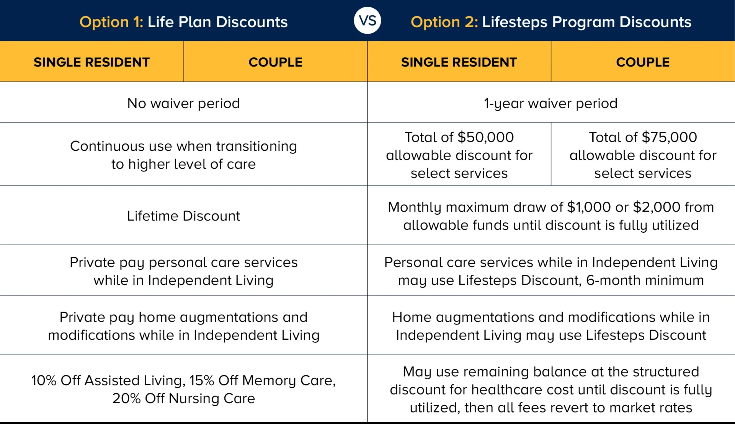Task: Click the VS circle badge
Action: (x=367, y=21)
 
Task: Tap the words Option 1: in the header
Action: (x=111, y=22)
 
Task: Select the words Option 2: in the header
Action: (x=444, y=22)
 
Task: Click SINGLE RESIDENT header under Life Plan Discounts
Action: (x=91, y=62)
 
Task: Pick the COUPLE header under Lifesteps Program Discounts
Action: (x=643, y=62)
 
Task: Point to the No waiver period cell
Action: (x=183, y=103)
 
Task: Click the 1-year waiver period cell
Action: (x=550, y=103)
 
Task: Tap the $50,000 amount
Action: (x=485, y=137)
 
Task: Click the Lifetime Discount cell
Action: (x=183, y=216)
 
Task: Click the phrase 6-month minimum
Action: (x=645, y=280)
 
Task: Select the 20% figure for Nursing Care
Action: (x=126, y=398)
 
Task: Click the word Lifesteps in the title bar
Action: (x=514, y=22)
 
